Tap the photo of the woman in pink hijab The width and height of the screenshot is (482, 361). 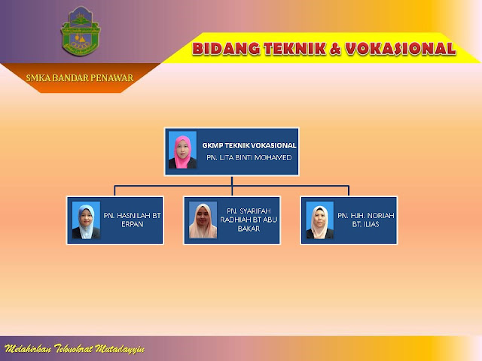[183, 150]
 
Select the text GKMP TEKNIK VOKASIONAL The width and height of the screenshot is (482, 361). [249, 144]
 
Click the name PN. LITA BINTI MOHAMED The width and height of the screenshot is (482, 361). [249, 159]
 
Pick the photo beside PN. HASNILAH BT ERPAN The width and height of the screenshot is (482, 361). [86, 220]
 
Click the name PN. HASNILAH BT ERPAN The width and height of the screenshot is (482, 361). [133, 220]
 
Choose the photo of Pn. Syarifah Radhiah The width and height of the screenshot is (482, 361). [203, 220]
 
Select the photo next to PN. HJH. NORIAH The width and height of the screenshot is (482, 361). [320, 220]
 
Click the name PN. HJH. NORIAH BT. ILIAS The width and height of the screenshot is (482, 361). [366, 220]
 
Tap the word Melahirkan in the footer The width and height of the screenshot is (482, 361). [26, 350]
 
